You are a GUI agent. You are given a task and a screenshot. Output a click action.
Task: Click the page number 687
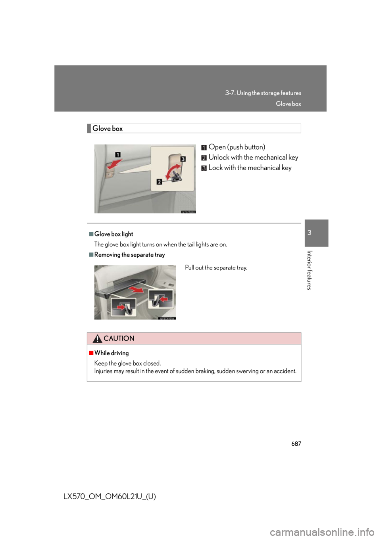click(296, 443)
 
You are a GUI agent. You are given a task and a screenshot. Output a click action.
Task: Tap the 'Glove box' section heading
click(108, 129)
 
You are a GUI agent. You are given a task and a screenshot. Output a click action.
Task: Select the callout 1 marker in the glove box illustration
click(117, 154)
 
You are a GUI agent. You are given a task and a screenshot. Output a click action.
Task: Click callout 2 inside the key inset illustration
click(159, 182)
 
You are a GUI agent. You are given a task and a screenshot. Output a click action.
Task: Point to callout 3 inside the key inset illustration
click(183, 159)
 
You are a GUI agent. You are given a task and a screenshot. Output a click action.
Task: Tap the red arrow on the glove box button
click(115, 164)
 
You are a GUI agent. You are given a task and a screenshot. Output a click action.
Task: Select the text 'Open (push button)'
click(237, 147)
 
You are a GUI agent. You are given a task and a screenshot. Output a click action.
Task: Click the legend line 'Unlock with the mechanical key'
click(253, 157)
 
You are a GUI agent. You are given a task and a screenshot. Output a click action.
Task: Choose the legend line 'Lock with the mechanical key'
click(250, 168)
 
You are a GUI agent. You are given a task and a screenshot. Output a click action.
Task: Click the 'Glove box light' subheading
click(114, 234)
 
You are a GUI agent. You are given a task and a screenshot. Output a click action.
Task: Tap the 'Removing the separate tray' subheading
click(129, 255)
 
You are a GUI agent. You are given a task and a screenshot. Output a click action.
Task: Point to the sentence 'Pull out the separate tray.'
click(216, 268)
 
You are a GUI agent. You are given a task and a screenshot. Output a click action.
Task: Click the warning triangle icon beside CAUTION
click(97, 339)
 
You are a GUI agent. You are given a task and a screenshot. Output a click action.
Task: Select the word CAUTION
click(119, 339)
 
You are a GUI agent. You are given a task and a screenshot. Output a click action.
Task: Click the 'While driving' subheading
click(112, 353)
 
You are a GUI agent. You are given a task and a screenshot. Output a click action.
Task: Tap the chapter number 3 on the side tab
click(309, 233)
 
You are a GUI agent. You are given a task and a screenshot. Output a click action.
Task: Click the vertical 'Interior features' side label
click(309, 270)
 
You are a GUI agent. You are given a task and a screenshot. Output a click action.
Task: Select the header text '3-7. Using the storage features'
click(263, 93)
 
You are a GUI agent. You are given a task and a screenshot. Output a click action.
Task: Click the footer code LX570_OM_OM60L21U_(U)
click(110, 497)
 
